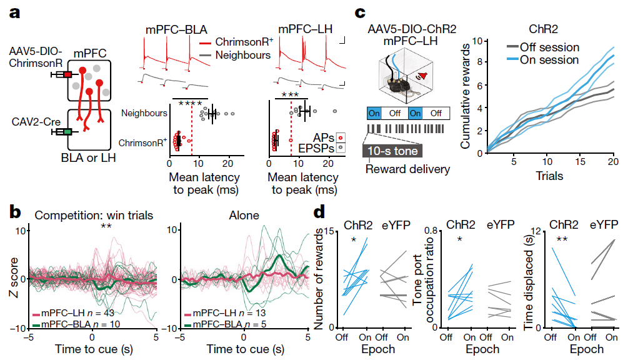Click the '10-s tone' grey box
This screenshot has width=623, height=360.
point(393,151)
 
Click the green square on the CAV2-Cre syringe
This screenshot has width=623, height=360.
point(67,131)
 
